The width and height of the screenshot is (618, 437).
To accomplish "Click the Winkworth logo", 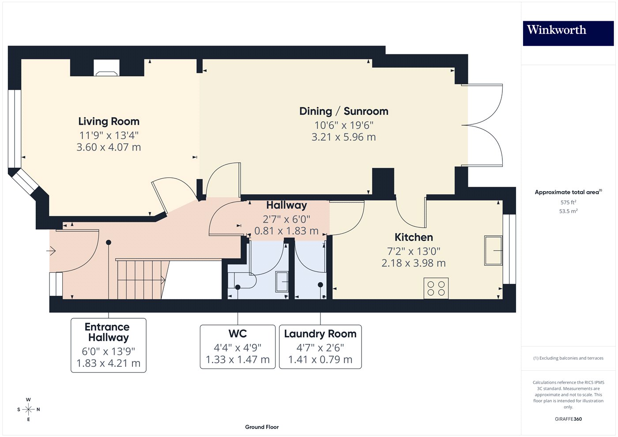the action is [x=568, y=33].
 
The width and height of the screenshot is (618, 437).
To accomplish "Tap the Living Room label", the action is [x=109, y=121].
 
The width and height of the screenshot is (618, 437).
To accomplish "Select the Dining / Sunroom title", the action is [x=344, y=111].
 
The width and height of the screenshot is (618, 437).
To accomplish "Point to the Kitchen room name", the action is [x=414, y=237].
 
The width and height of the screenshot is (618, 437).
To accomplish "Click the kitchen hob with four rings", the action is [x=436, y=288].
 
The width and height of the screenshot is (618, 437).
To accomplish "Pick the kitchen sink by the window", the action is [x=494, y=251].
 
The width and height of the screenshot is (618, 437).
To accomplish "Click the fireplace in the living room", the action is [x=106, y=68].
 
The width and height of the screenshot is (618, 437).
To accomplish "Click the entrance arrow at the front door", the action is [x=51, y=251].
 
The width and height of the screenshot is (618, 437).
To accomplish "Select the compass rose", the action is [x=28, y=410].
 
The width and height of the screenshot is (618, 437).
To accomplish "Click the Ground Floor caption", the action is [x=262, y=427].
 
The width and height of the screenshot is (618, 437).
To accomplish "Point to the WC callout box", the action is [x=237, y=347].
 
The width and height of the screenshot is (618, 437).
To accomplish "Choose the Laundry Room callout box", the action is [x=320, y=347].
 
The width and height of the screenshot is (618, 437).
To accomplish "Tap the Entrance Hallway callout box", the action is [x=109, y=345].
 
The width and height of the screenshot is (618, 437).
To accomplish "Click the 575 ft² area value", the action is [x=568, y=202].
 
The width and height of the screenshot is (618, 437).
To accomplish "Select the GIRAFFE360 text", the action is [x=568, y=419].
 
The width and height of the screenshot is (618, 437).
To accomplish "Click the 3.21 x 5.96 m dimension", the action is [x=344, y=137].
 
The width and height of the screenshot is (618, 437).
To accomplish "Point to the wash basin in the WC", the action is [x=282, y=282].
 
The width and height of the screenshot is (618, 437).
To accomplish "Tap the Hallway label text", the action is [x=286, y=205].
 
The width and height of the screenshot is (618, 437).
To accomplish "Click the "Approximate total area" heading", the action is [x=568, y=192].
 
